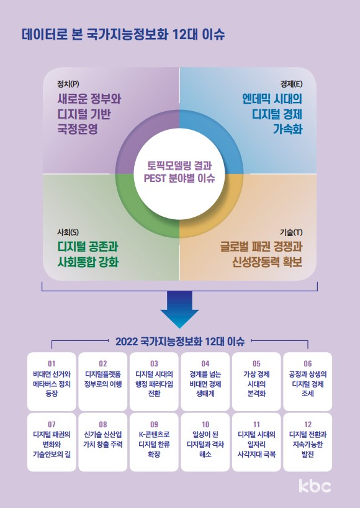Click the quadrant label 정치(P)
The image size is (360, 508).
point(68,84)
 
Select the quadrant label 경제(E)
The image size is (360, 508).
point(291,84)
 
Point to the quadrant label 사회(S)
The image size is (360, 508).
point(68,232)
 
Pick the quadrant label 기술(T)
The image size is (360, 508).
point(291,232)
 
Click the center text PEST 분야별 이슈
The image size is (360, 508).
point(179,178)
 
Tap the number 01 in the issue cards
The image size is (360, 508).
point(52,363)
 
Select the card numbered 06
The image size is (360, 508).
point(308,382)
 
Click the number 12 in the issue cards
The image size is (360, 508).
point(308,424)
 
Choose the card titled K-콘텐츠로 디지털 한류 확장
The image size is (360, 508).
point(154,442)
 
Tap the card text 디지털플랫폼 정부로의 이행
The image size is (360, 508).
point(103,379)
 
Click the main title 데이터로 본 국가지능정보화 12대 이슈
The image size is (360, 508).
point(123,34)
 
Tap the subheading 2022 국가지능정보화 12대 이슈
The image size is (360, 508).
point(180,342)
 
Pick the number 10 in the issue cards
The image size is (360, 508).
point(205,424)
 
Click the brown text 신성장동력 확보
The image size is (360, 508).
point(267,262)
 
